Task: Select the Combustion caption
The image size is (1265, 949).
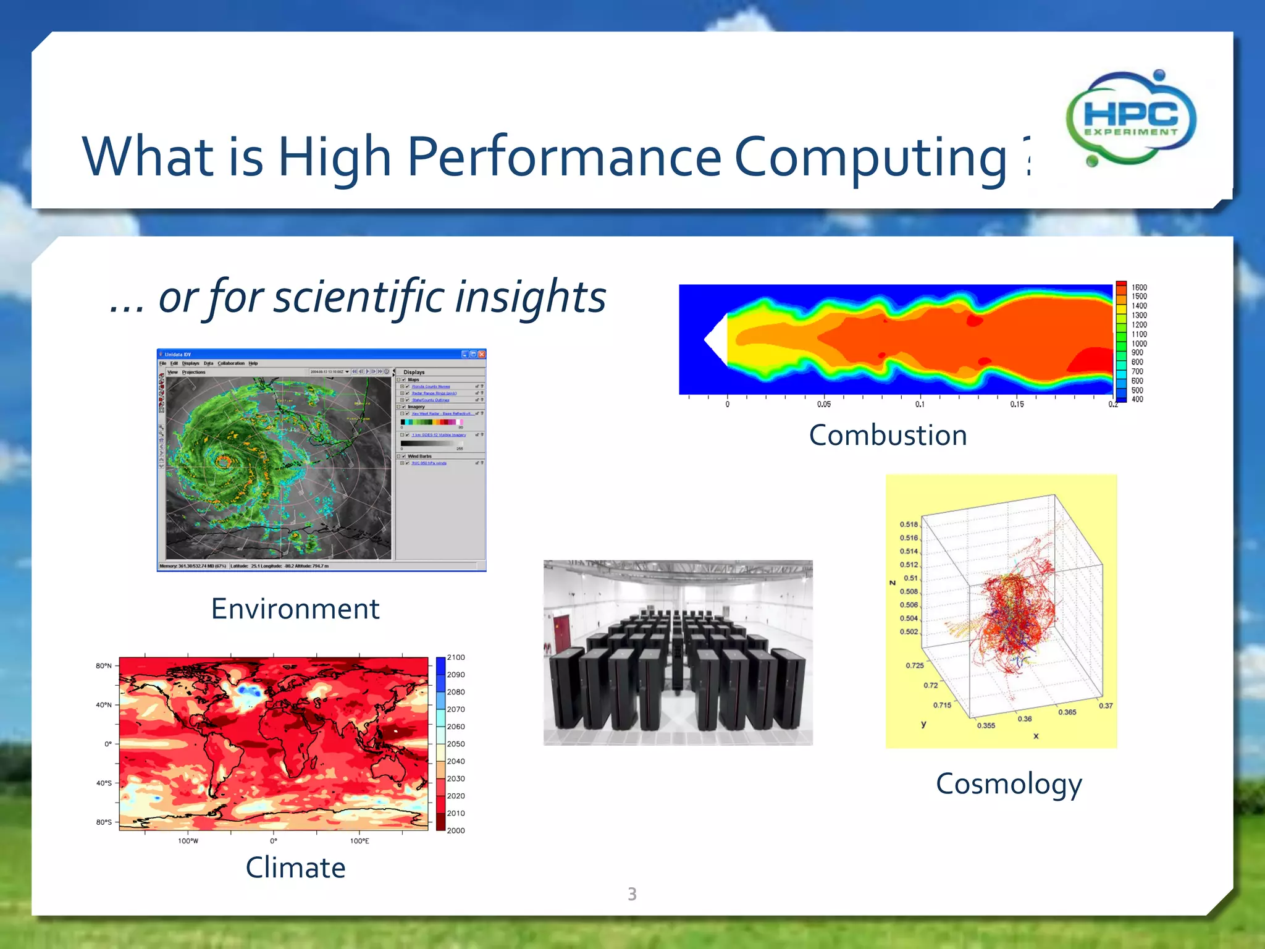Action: coord(888,436)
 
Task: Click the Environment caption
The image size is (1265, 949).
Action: coord(295,609)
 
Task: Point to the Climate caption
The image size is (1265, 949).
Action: coord(295,867)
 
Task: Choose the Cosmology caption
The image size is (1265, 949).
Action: coord(1009,784)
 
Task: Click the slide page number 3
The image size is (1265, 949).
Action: coord(632,894)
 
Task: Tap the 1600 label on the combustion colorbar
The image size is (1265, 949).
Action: coord(1139,287)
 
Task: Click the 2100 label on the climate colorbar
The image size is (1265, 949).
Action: coord(456,657)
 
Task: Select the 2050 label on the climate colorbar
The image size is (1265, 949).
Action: coord(456,744)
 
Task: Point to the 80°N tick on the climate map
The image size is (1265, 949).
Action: coord(104,666)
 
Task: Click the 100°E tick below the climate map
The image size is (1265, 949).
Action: coord(359,841)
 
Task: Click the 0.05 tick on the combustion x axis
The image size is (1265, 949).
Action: coord(823,405)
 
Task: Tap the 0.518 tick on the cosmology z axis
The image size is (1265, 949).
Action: coord(909,525)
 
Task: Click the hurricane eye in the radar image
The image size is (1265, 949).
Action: coord(224,461)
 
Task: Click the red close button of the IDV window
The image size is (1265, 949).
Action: coord(482,355)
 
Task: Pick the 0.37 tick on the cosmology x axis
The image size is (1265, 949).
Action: coord(1106,706)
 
